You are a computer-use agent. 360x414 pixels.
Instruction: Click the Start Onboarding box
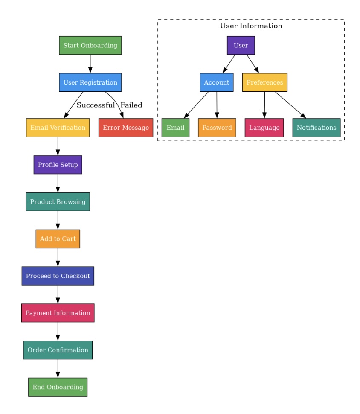[x=90, y=46]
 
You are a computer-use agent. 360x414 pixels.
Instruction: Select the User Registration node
[x=90, y=82]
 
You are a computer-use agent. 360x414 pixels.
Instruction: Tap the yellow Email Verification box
[x=58, y=128]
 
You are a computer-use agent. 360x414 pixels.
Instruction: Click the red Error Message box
[x=126, y=128]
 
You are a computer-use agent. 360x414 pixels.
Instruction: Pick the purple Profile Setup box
[x=58, y=165]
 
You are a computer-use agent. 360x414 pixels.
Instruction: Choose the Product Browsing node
[x=58, y=202]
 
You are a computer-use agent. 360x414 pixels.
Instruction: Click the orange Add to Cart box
[x=58, y=239]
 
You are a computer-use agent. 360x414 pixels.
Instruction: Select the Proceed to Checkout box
[x=58, y=276]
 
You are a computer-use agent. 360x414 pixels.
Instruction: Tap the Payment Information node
[x=58, y=313]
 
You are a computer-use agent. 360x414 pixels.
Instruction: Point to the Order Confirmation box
[x=58, y=350]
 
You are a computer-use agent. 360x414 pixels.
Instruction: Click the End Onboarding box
[x=58, y=387]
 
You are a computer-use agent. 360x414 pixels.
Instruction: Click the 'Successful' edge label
[x=96, y=105]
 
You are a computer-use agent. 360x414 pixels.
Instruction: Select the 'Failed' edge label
[x=131, y=105]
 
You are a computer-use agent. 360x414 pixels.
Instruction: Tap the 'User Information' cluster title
[x=251, y=26]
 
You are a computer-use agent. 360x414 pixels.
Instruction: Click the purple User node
[x=241, y=46]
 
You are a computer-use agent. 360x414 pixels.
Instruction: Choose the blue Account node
[x=217, y=82]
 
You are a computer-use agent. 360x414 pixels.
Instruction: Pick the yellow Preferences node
[x=264, y=82]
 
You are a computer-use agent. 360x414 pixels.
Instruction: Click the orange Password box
[x=217, y=128]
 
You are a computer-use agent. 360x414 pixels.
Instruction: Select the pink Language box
[x=264, y=128]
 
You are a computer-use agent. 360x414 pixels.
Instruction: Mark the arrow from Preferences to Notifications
[x=290, y=105]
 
